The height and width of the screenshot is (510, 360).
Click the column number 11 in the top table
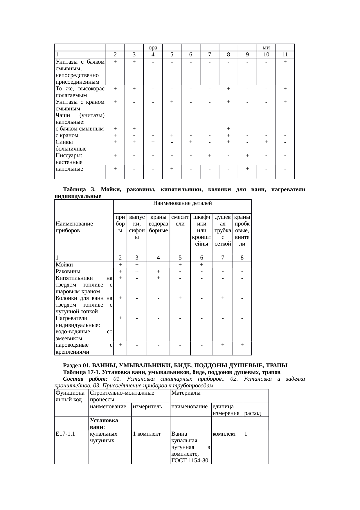pos(285,55)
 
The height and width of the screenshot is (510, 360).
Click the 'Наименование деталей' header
pos(182,203)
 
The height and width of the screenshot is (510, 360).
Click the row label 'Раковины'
pos(68,271)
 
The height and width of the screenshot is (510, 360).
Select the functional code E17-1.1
pos(65,434)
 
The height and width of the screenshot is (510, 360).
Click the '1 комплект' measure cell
pos(147,434)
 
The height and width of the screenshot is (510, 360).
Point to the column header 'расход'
pos(253,413)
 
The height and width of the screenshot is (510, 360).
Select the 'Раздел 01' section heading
pos(175,365)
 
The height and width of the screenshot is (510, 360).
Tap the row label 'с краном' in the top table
pos(66,135)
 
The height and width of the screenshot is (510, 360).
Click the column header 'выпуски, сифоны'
pos(137,227)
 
